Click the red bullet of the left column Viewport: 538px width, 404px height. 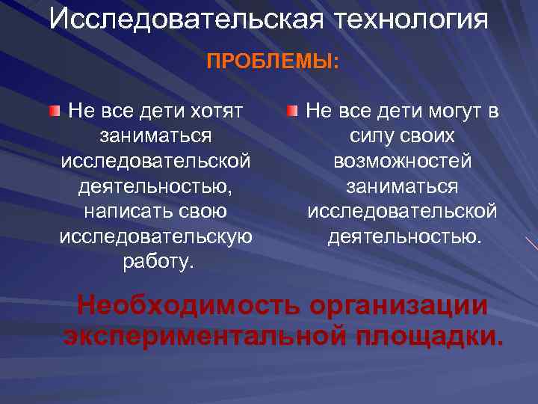pos(55,112)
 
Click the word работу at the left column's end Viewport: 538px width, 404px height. pos(155,261)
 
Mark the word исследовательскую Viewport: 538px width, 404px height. pos(155,236)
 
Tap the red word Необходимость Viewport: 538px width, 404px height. pos(191,306)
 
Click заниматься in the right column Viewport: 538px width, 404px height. pos(402,186)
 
